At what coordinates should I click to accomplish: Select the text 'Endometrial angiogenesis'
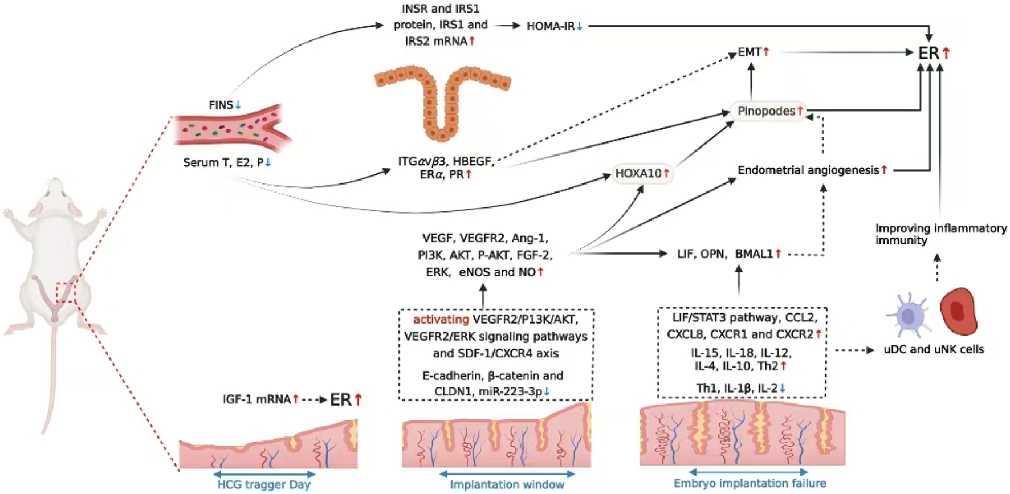[809, 170]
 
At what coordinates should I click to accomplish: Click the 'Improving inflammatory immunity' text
[940, 234]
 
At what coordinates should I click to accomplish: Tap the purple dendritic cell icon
[908, 315]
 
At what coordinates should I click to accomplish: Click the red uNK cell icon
[959, 311]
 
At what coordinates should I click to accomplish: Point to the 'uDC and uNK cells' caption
[934, 350]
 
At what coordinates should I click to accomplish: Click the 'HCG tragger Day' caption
[264, 485]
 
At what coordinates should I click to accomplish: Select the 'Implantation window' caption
[507, 485]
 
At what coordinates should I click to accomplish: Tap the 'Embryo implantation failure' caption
[750, 483]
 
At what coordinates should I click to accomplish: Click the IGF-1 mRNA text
[258, 399]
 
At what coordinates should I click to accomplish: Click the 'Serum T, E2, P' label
[223, 163]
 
